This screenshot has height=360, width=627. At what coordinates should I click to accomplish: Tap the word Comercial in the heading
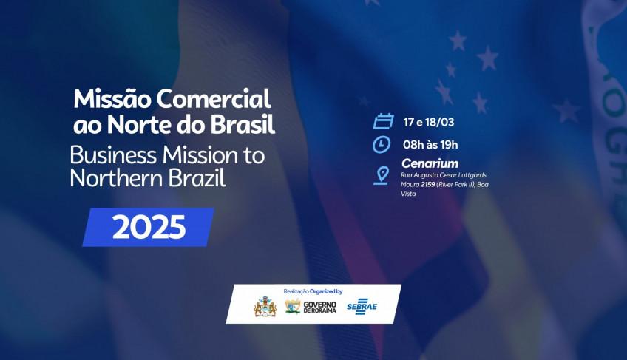214,98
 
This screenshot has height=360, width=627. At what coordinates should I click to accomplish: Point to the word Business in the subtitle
113,155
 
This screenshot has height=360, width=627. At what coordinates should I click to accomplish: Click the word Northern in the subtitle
116,178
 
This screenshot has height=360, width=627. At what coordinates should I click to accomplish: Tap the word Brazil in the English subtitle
197,178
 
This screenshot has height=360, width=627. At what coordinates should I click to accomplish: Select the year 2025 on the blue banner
149,227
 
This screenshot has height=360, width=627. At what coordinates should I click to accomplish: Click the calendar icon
383,121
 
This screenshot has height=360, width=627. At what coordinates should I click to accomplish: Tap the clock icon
382,144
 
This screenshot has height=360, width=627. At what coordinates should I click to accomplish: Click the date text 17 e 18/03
429,122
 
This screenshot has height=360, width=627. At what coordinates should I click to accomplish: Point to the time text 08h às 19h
430,145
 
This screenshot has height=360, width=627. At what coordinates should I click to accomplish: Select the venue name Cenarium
430,163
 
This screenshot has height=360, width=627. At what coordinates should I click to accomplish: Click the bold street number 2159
427,184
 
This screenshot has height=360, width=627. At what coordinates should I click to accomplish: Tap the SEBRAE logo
362,307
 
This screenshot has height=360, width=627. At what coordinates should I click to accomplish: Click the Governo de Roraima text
320,308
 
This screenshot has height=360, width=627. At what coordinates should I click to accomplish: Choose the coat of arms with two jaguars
265,307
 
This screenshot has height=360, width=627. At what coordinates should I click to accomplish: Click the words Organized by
326,291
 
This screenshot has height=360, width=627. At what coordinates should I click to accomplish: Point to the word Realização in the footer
296,291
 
